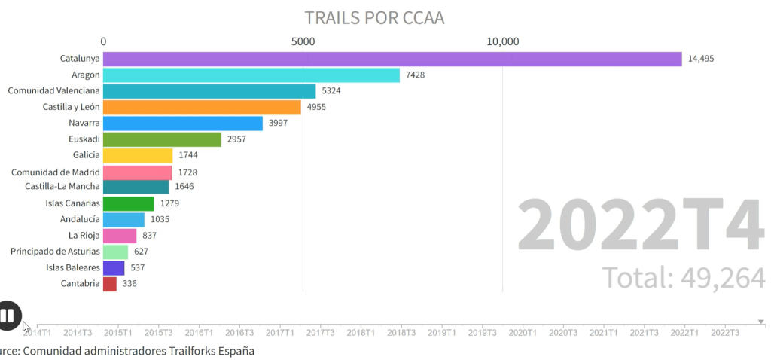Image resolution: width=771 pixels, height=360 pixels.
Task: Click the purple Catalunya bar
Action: click(392, 59)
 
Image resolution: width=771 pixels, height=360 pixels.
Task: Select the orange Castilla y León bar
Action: click(202, 107)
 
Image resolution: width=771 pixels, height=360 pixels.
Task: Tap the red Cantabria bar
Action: click(110, 284)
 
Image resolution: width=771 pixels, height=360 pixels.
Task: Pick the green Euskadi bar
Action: click(162, 139)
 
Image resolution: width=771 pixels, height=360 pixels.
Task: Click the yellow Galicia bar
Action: click(138, 155)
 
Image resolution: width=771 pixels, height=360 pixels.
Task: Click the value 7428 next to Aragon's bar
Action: click(416, 75)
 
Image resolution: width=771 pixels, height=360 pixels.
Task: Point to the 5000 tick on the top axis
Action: click(303, 41)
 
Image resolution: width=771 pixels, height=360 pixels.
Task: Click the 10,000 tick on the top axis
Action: click(502, 41)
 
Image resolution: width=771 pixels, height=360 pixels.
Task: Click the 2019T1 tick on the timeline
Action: click(441, 332)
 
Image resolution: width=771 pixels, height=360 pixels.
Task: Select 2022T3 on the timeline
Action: click(725, 332)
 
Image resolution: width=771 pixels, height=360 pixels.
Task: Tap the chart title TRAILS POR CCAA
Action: click(374, 17)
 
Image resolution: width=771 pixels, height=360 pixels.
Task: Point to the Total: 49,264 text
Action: click(684, 278)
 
